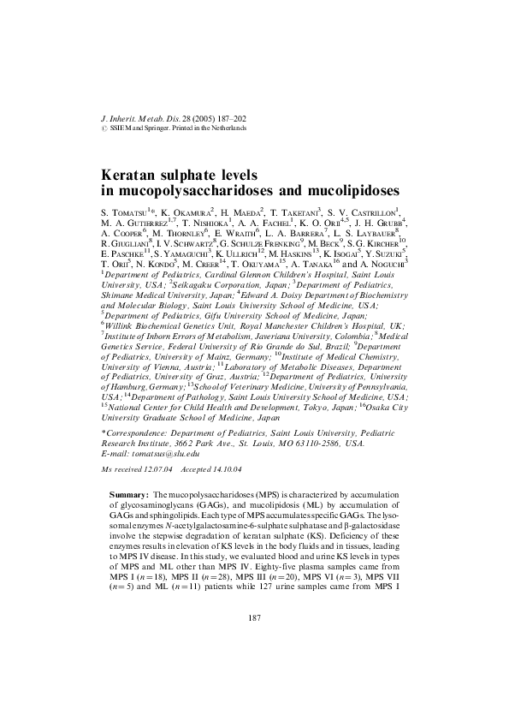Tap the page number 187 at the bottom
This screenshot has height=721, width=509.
coord(254,665)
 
